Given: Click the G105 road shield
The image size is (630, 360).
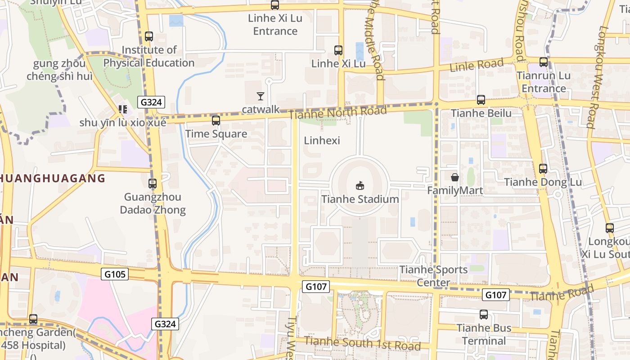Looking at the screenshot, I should pos(115,274).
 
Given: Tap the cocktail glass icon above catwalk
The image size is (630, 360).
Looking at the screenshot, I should pos(260,96).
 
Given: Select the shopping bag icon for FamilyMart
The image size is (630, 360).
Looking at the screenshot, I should pos(455,177).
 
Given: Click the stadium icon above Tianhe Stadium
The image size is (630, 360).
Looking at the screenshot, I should pos(360,185).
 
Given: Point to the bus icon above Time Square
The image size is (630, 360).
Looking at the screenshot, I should pos(216,121).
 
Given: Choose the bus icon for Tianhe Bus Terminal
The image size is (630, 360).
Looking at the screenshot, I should pos(484,315).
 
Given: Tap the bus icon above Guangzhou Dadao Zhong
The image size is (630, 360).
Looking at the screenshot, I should pos(153,184).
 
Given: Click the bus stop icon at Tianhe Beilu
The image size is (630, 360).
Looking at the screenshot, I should pos(481,100).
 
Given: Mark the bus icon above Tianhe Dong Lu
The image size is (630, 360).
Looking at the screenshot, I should pos(543,169).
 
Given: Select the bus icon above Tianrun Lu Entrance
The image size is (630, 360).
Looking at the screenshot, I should pos(544,62).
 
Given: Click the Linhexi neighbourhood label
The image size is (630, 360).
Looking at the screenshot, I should pos(322,140).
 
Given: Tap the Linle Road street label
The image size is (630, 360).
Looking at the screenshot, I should pos(477,65).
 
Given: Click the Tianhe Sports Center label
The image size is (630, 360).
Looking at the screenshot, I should pos(434,276).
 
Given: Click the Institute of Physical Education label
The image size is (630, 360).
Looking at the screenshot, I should pos(149,56).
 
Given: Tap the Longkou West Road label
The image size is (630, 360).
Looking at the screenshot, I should pos(597,76).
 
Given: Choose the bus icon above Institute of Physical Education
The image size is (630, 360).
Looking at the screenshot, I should pos(149,36).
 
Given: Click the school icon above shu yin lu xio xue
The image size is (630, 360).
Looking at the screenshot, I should pos(123,109).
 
